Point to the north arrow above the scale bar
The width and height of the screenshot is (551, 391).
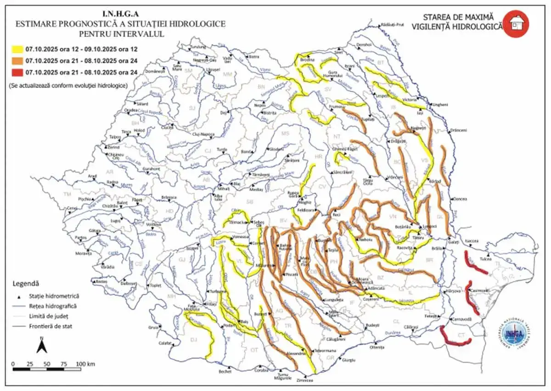41,346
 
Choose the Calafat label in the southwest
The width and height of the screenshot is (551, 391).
165,342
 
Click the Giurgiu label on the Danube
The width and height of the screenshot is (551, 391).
349,360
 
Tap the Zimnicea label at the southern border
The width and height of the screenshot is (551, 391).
305,380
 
